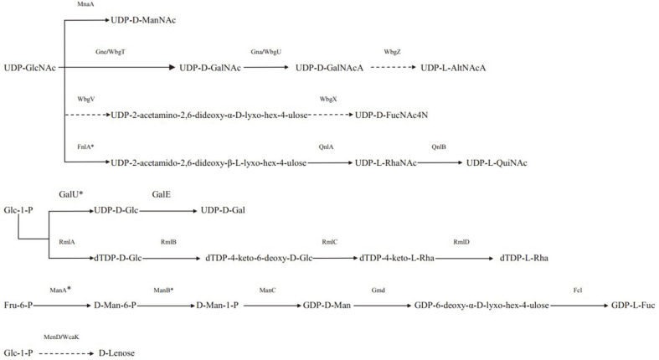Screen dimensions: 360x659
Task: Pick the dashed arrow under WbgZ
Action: click(388, 68)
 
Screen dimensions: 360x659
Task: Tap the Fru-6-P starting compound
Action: click(18, 305)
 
